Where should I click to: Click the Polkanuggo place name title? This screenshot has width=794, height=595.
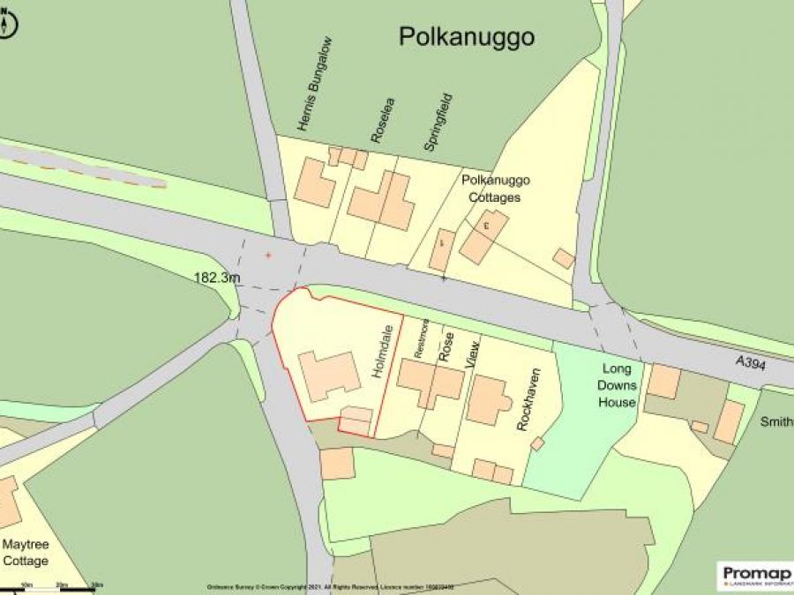(467, 37)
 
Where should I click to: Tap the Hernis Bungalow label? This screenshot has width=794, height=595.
(315, 85)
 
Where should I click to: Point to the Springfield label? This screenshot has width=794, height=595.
(438, 123)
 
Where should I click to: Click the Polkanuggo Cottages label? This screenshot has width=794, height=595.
(497, 189)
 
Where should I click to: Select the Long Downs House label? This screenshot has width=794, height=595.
(617, 385)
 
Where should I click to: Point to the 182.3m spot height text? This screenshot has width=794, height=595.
(217, 278)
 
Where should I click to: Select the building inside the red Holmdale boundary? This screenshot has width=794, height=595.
(328, 376)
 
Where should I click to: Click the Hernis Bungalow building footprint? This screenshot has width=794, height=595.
(314, 182)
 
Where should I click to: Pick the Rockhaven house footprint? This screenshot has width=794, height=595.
(488, 401)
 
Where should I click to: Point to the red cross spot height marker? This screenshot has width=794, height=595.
(268, 255)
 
